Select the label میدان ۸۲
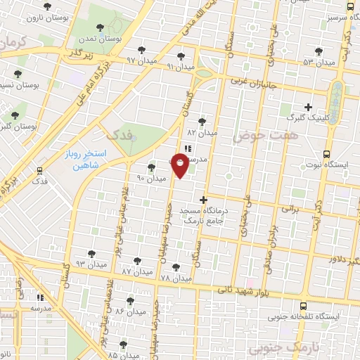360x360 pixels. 202,131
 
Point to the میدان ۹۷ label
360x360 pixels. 141,60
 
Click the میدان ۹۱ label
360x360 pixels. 181,66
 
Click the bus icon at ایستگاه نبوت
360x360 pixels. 326,153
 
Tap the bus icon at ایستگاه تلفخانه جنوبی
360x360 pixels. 303,307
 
